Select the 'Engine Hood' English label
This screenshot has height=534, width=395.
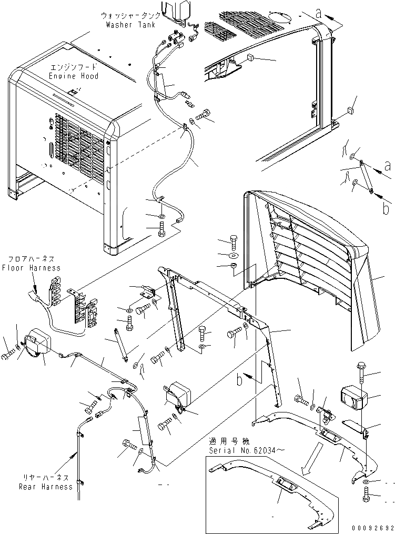coord(73,76)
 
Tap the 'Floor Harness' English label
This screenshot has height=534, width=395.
coord(31,268)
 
